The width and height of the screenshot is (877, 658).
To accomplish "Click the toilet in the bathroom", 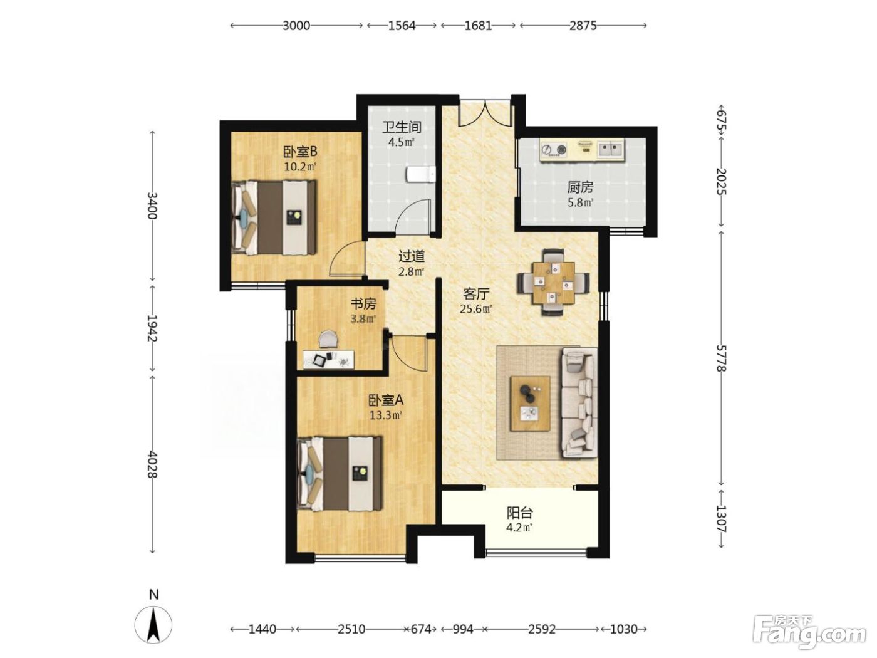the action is coord(420,175).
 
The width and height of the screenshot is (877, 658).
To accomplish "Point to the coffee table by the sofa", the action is coord(530,404).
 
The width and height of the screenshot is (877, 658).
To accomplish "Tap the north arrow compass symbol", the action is coord(153,624).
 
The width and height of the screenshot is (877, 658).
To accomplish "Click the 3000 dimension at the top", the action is coord(296,26).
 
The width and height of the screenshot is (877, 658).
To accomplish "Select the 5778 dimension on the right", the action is coord(721,358).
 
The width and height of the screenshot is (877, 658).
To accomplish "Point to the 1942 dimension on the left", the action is coord(152,328).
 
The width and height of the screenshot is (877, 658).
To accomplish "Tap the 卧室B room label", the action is coord(300,152).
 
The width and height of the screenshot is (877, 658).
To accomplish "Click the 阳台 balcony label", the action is coord(519,513).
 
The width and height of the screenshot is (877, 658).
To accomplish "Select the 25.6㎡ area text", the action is coord(476,309).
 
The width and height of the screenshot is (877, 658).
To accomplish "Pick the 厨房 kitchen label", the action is coord(580,187).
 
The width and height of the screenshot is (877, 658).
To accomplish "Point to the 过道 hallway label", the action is coord(412,256).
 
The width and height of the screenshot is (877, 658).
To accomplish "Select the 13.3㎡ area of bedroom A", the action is coord(385,415).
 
